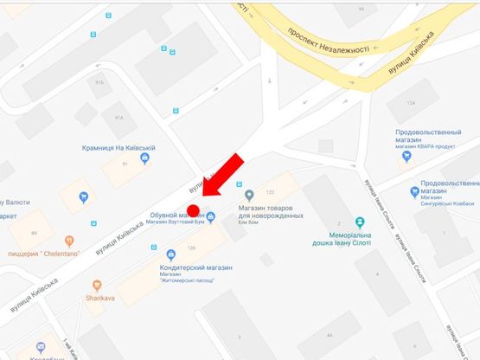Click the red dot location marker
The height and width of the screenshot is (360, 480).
194,210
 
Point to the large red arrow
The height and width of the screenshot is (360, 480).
221,177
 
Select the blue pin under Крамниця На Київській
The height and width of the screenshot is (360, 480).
144,157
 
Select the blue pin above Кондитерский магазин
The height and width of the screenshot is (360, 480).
171,254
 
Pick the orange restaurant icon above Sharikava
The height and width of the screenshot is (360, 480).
97,285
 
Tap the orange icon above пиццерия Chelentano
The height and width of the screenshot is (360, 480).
69,241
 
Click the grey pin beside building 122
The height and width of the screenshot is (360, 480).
250,194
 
